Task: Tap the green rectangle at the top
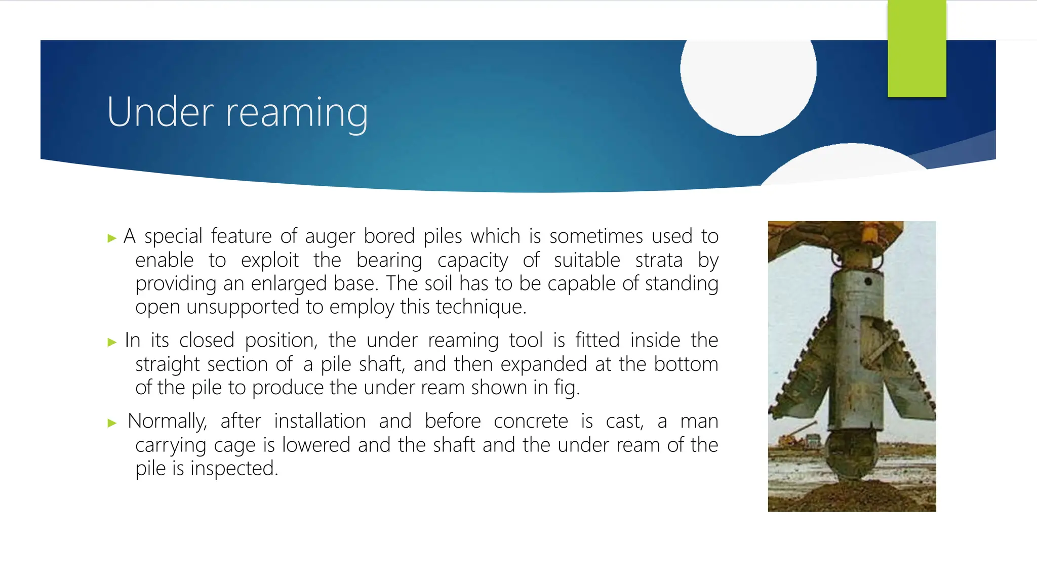(x=916, y=49)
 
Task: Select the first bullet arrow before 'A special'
(x=112, y=238)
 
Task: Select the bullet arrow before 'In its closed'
(x=112, y=343)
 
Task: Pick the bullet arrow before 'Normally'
(x=112, y=423)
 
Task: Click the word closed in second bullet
(x=207, y=340)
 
